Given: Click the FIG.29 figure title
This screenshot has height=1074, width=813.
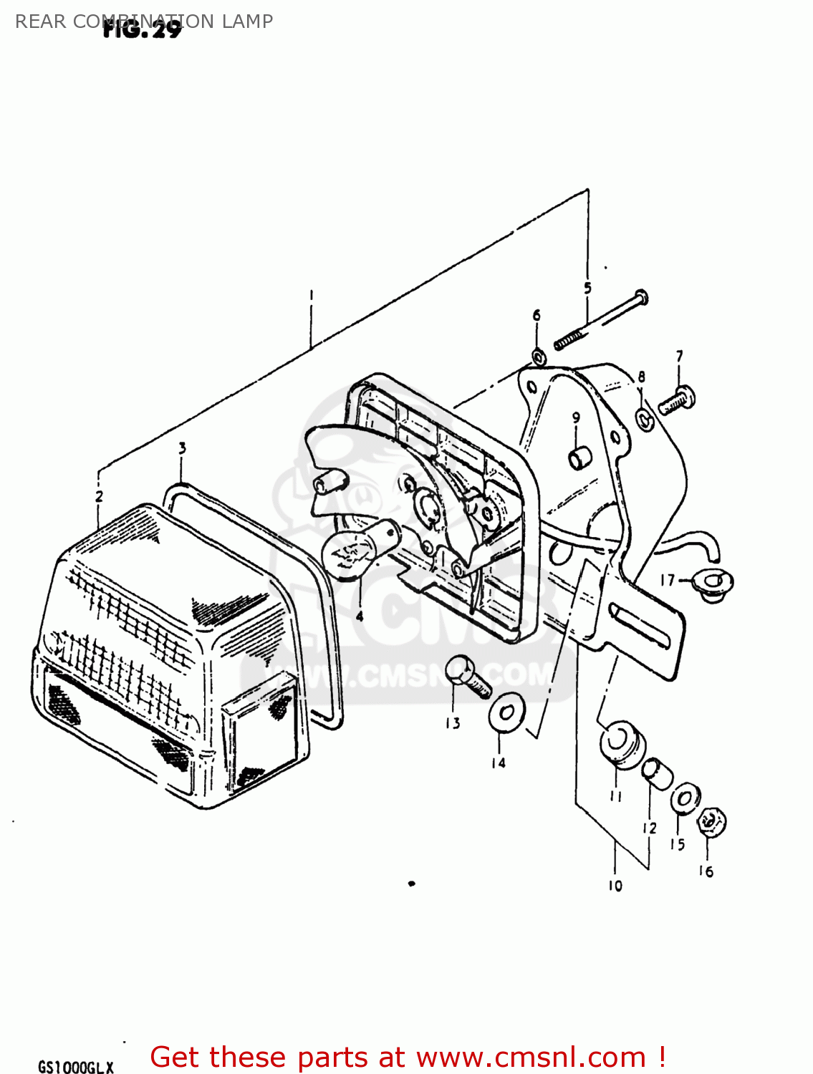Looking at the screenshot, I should click(x=142, y=29).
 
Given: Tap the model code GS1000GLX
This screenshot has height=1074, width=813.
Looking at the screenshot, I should click(x=75, y=1067).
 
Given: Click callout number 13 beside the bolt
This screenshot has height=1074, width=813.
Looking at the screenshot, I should click(x=453, y=723).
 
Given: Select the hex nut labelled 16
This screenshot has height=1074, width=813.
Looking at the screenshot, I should click(x=711, y=822).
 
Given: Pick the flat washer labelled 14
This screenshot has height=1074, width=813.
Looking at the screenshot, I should click(x=506, y=712).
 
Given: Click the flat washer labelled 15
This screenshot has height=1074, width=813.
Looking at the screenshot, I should click(x=685, y=798).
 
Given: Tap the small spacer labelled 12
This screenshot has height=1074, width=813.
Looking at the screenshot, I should click(x=656, y=772).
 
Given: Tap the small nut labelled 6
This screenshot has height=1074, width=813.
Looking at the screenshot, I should click(x=538, y=356).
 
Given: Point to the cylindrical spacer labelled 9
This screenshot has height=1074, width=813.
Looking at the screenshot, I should click(x=579, y=458).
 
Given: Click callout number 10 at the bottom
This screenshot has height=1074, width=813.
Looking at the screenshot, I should click(x=615, y=886).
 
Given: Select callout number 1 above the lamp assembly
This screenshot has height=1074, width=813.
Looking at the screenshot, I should click(x=312, y=294).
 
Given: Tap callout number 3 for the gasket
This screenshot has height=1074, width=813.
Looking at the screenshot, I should click(x=182, y=448).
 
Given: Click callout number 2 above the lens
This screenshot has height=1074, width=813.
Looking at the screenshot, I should click(x=99, y=496).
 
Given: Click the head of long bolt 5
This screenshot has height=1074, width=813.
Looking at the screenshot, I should click(x=641, y=296).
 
